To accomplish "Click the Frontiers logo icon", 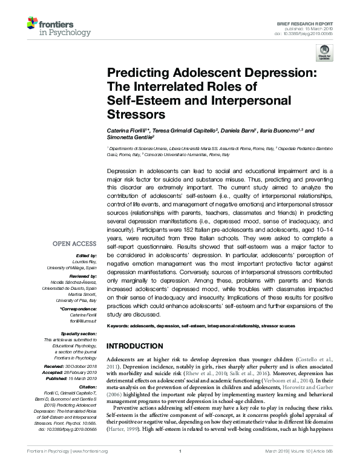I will [34, 25].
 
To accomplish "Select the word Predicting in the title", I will [137, 72].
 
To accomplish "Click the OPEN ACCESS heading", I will [74, 244].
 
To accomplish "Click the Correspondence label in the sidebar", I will [79, 309].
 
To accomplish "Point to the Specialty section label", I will [79, 333].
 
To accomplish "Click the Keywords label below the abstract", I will [119, 326].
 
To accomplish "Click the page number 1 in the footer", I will [180, 468].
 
